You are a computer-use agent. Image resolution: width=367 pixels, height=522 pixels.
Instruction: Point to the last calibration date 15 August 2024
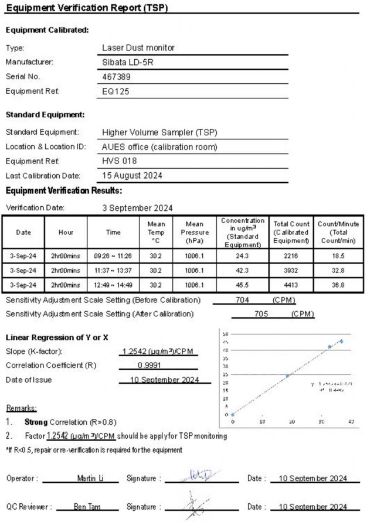click(132, 175)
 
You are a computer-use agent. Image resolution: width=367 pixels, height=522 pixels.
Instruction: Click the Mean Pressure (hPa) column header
click(195, 232)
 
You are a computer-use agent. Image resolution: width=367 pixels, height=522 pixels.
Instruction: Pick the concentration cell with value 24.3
click(243, 256)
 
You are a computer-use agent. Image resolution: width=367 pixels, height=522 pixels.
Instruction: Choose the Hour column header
click(66, 232)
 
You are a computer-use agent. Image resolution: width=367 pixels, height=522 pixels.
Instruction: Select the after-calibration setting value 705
click(259, 314)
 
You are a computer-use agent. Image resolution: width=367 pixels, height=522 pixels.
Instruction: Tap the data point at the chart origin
click(233, 414)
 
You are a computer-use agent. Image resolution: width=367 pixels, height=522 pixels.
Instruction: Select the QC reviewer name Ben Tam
click(86, 507)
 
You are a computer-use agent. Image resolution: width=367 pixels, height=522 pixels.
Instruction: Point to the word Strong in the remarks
click(35, 422)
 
